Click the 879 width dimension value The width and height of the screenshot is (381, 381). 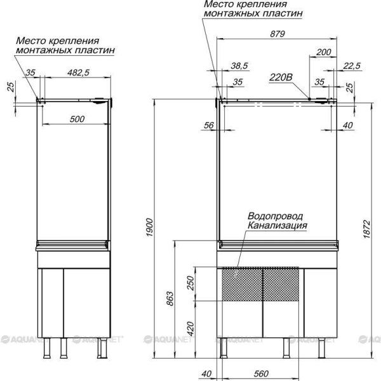tap(277, 34)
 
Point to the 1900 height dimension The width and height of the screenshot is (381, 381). tap(149, 228)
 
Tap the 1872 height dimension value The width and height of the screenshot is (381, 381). tap(367, 229)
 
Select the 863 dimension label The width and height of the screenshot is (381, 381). tap(170, 298)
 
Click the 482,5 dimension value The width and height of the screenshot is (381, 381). tap(78, 72)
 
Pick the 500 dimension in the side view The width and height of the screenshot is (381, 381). tap(77, 119)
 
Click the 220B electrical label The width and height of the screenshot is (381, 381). tap(281, 77)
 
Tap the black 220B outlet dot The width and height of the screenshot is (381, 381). tap(309, 98)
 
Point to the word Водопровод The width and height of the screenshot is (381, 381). tap(276, 216)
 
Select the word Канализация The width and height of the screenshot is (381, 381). tap(277, 225)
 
